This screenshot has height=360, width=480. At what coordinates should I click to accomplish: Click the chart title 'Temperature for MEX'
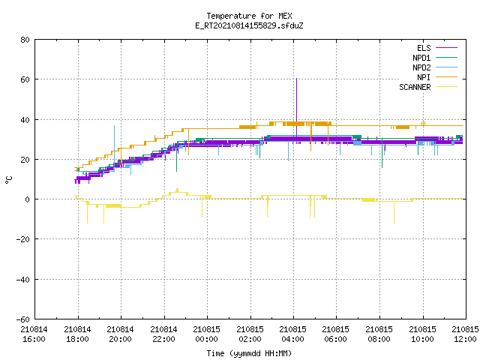tap(249, 16)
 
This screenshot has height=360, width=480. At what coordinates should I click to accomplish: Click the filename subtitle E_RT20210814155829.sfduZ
tap(249, 25)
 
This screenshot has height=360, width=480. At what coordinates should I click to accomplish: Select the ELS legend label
tap(424, 48)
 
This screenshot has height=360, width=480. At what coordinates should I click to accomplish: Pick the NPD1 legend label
tap(421, 58)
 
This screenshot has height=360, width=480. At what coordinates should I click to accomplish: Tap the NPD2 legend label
tap(421, 67)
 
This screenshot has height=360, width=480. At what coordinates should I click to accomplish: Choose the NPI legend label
tap(424, 77)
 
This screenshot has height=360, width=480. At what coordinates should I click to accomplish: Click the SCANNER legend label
tap(415, 87)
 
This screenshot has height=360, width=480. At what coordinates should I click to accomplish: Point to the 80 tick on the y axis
tap(25, 40)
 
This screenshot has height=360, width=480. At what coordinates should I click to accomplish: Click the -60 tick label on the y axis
tap(23, 319)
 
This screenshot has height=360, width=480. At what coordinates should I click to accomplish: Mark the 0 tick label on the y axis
tap(28, 199)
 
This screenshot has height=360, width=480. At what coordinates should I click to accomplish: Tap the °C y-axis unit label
tap(8, 180)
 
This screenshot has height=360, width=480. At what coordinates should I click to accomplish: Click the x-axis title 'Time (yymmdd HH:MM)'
tap(249, 353)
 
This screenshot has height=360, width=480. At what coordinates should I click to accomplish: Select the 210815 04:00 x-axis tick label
tap(293, 334)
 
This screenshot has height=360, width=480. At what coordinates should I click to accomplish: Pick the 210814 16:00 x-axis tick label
tap(34, 334)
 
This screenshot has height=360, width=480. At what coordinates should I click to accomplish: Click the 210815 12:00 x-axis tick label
tap(465, 334)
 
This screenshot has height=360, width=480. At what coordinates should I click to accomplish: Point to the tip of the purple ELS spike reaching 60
tap(296, 79)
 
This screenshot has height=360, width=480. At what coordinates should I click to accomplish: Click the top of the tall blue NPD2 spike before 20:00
tap(114, 125)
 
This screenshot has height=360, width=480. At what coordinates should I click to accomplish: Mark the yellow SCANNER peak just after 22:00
tap(177, 189)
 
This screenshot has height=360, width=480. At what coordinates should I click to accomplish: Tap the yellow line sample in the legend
tap(446, 87)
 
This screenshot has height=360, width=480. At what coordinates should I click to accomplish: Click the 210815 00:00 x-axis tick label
tap(207, 334)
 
